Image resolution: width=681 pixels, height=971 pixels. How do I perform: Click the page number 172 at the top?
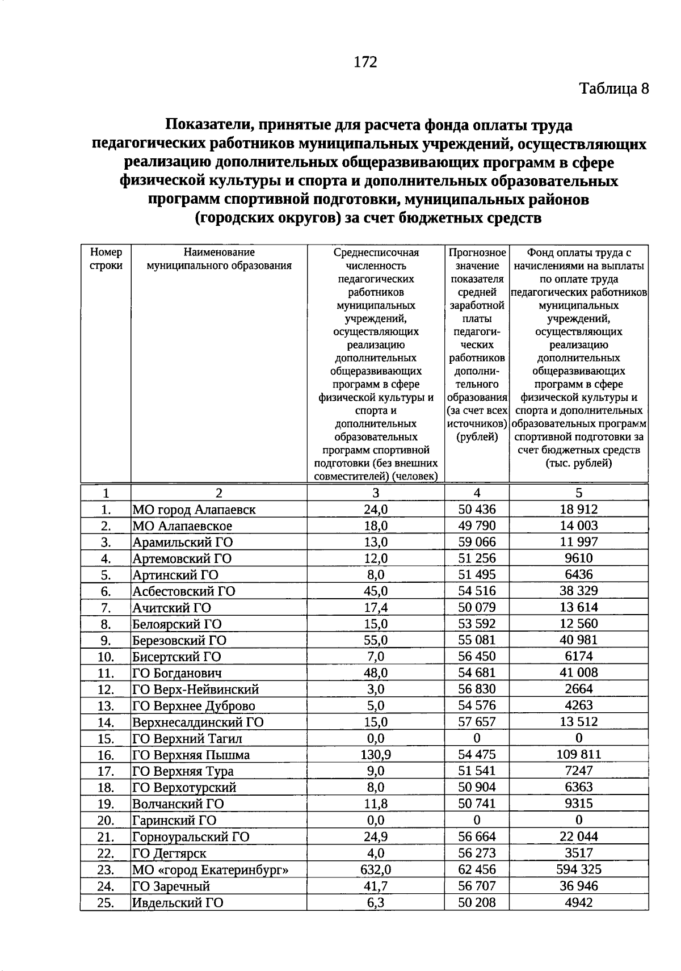click(x=365, y=62)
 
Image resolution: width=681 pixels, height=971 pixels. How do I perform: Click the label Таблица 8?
click(x=613, y=89)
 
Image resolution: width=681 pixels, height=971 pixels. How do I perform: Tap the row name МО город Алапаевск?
click(x=194, y=510)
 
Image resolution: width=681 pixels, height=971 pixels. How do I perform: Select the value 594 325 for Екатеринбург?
click(x=578, y=869)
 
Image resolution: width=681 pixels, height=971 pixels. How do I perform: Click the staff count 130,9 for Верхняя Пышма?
click(x=376, y=755)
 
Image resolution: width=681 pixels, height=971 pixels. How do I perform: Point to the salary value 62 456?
click(x=477, y=869)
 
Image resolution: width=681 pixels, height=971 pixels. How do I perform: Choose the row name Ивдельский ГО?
click(x=178, y=903)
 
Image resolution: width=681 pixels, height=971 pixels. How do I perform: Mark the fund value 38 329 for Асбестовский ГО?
click(x=578, y=591)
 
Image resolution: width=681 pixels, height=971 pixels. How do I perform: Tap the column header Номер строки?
click(x=106, y=259)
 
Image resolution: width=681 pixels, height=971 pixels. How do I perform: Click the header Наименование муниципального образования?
click(x=219, y=259)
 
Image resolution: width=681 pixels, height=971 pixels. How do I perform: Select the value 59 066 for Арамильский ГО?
click(x=477, y=542)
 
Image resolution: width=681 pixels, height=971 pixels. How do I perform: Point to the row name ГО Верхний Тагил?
click(x=187, y=739)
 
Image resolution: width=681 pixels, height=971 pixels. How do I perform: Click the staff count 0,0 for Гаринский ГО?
click(x=376, y=821)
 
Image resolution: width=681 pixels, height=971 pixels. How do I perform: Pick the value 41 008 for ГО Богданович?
click(x=578, y=673)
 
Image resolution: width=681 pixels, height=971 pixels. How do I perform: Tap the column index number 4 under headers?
click(x=477, y=493)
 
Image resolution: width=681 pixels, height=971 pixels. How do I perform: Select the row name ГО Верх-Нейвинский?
click(x=196, y=690)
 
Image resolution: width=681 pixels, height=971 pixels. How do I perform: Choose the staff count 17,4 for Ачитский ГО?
click(x=376, y=608)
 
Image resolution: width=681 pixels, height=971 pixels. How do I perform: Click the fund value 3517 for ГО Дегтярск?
click(x=578, y=853)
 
